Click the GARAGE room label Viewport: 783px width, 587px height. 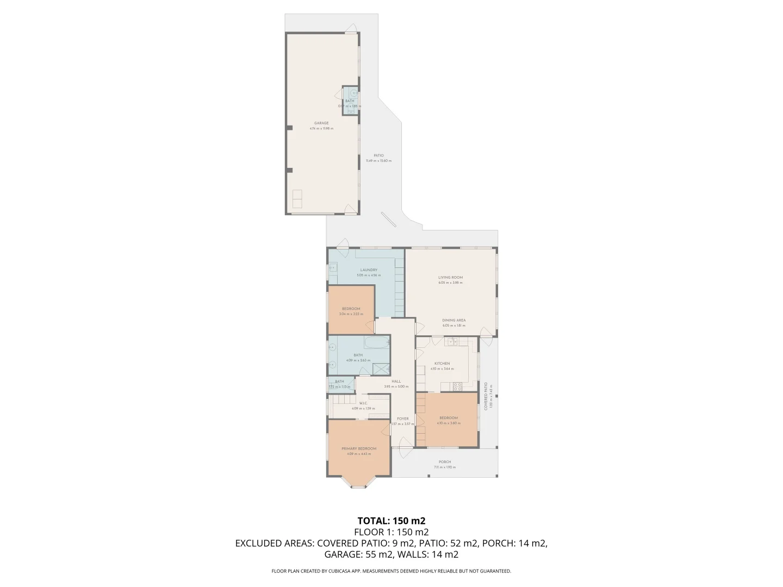point(321,123)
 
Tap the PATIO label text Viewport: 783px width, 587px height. point(378,155)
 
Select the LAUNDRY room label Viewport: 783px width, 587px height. point(368,270)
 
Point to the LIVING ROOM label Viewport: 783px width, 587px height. point(450,277)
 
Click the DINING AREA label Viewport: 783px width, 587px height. point(453,320)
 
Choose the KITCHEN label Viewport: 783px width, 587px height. point(442,363)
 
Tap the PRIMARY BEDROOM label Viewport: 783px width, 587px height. point(358,448)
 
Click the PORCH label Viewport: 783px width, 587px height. point(444,462)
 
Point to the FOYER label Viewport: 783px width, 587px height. point(402,419)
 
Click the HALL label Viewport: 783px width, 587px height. point(396,381)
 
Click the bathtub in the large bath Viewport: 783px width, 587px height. point(377,342)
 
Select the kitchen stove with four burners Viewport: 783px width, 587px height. point(457,386)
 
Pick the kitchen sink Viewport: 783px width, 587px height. point(451,341)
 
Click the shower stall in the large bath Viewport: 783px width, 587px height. point(382,368)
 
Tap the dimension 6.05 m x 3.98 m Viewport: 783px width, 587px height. point(450,283)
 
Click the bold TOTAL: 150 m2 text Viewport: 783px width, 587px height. point(391,521)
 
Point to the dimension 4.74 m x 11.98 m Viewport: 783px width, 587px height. point(321,128)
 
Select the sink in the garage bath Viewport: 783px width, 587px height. point(354,93)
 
